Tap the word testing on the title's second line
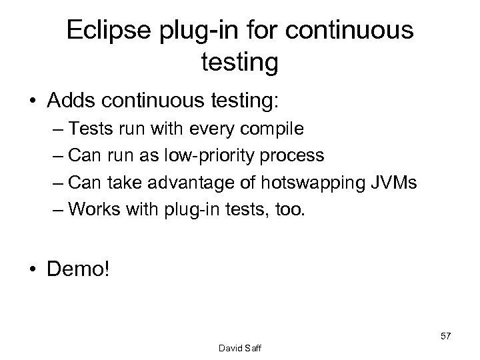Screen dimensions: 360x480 (x=239, y=63)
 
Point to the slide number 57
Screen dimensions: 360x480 (x=445, y=335)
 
